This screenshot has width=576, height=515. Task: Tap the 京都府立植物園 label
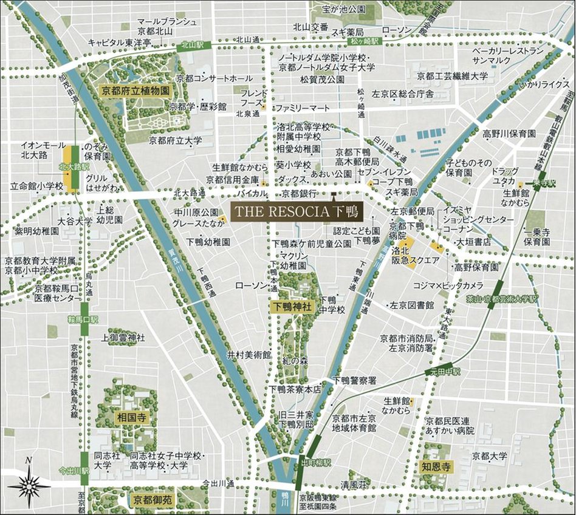tap(135, 89)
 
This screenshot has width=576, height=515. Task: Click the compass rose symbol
tap(29, 484)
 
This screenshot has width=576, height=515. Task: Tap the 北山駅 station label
tap(194, 44)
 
